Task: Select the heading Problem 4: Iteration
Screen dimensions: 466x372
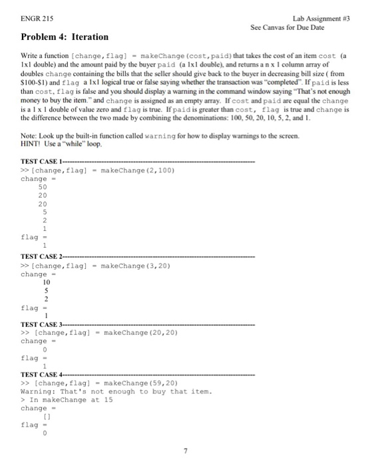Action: [x=64, y=37]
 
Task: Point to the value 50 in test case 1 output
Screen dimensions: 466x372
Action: [x=43, y=187]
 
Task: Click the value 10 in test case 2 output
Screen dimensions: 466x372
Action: [x=45, y=282]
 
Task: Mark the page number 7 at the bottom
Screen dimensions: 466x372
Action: [x=186, y=451]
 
